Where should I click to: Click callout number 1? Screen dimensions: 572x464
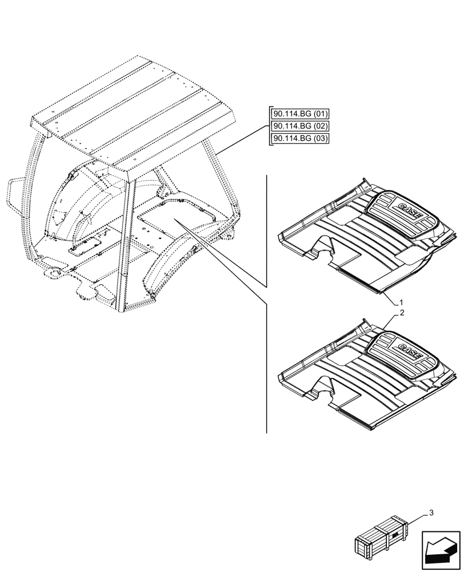(x=402, y=301)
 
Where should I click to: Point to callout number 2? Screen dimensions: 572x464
(x=402, y=313)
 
